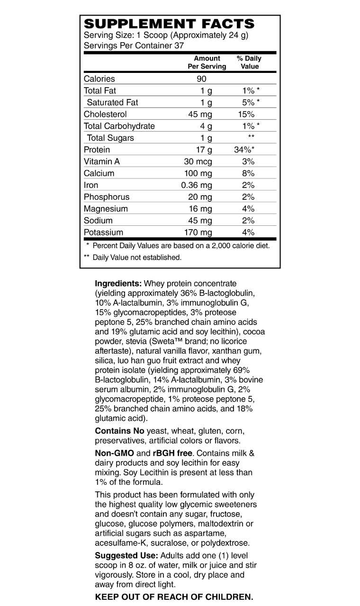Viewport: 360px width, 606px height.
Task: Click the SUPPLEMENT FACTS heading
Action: (169, 24)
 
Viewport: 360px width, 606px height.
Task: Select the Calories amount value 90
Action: (202, 79)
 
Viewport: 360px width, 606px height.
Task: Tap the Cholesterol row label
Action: (105, 114)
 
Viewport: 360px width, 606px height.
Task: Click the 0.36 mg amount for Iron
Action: (197, 185)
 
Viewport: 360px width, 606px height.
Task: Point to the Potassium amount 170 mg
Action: (198, 232)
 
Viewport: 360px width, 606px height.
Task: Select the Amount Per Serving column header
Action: (207, 62)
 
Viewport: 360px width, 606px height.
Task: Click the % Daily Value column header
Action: (249, 62)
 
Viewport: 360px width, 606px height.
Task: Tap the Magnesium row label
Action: (106, 209)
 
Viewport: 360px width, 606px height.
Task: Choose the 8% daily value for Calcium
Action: (248, 173)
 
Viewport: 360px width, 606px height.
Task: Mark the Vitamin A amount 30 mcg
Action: (198, 161)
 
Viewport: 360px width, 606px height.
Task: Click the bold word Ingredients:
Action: (118, 284)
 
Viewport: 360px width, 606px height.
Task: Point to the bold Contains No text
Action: (120, 431)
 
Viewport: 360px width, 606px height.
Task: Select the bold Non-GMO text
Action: (115, 453)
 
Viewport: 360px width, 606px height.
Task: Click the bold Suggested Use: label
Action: (126, 555)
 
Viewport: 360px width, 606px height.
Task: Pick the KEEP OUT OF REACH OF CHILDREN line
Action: (174, 597)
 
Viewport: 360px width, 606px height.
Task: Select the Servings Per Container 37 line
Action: (134, 45)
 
